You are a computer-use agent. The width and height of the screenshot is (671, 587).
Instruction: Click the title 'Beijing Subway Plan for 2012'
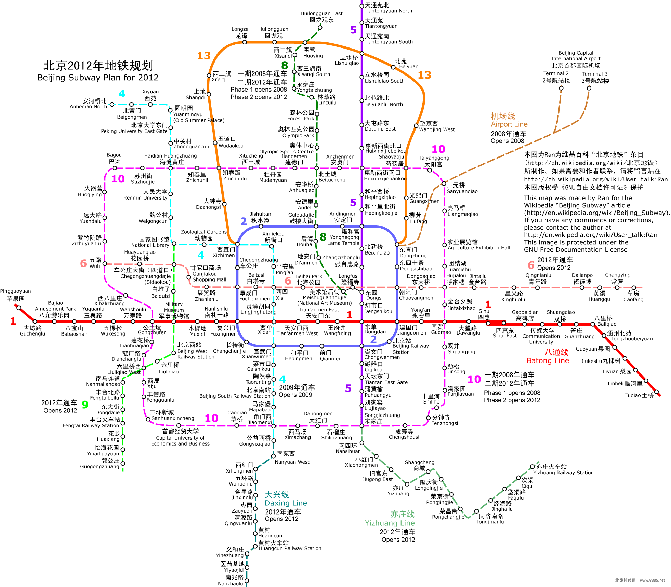(98, 78)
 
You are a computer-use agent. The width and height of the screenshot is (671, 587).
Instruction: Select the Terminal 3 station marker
(589, 88)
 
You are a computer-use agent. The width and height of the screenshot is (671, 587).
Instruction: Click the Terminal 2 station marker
(561, 88)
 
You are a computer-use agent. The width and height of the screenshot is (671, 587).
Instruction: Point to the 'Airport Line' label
(509, 124)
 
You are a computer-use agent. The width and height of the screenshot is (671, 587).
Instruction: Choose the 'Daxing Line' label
(286, 503)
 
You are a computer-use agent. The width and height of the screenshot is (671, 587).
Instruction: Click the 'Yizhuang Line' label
(390, 523)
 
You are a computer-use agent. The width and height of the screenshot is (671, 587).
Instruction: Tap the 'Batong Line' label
(548, 360)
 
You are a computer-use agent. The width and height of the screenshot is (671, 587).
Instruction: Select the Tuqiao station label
(639, 395)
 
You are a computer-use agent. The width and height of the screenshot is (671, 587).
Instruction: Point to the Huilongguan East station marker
(320, 28)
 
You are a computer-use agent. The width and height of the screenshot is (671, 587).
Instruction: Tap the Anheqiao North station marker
(112, 104)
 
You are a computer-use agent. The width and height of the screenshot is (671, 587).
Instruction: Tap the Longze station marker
(245, 42)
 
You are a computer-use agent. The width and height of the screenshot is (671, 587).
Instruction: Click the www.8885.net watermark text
(652, 580)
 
